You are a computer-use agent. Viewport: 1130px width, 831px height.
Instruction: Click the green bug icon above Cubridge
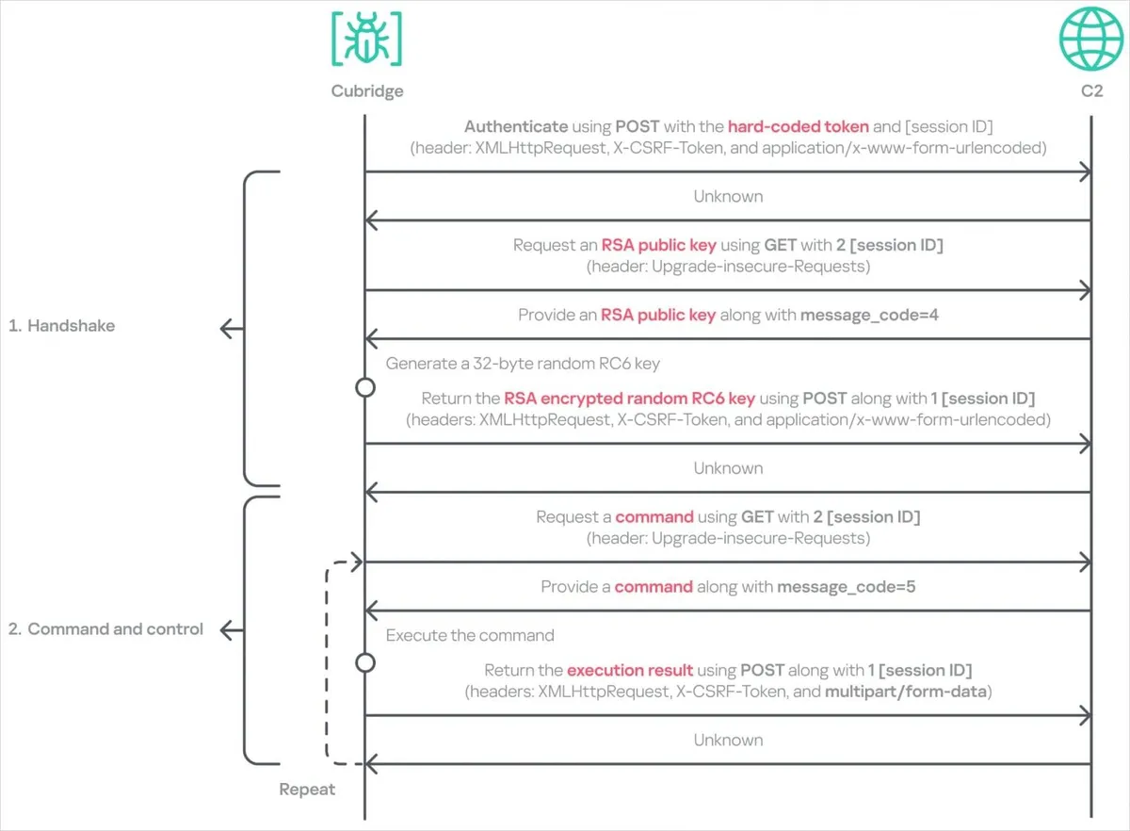click(x=366, y=39)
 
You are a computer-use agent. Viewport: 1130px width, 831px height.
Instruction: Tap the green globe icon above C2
click(x=1091, y=39)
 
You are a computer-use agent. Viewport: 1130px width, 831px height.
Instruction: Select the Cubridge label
click(x=367, y=90)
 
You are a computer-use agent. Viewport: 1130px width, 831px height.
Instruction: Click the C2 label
click(x=1091, y=90)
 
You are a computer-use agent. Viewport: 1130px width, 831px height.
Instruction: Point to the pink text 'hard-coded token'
click(x=799, y=126)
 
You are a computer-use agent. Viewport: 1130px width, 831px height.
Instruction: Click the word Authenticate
click(x=516, y=126)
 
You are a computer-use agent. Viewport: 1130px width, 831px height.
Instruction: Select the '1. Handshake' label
click(x=61, y=326)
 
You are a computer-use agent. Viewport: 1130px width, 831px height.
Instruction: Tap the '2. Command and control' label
click(x=105, y=629)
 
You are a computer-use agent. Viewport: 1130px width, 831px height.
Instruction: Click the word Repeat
click(x=307, y=790)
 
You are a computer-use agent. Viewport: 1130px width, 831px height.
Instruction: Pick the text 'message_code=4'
click(x=869, y=315)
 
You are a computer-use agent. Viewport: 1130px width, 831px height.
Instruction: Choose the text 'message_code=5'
click(x=846, y=587)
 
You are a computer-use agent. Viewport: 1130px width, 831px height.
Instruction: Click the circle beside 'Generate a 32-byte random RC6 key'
click(x=365, y=388)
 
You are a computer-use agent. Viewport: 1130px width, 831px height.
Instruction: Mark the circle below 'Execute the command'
click(x=365, y=663)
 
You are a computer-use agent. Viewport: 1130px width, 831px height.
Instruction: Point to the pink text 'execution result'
click(x=630, y=670)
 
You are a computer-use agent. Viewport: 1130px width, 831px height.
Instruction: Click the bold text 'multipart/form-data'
click(x=906, y=692)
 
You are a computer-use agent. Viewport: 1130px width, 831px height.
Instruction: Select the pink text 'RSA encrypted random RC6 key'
click(x=630, y=399)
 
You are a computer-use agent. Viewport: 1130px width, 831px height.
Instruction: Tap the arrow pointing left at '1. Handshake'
click(x=232, y=329)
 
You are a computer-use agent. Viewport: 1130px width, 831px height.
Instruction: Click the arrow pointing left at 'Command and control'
click(x=232, y=630)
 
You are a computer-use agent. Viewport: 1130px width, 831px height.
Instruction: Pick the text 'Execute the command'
click(x=470, y=635)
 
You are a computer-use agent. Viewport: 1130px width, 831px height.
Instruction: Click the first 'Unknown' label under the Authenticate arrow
click(x=728, y=196)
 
